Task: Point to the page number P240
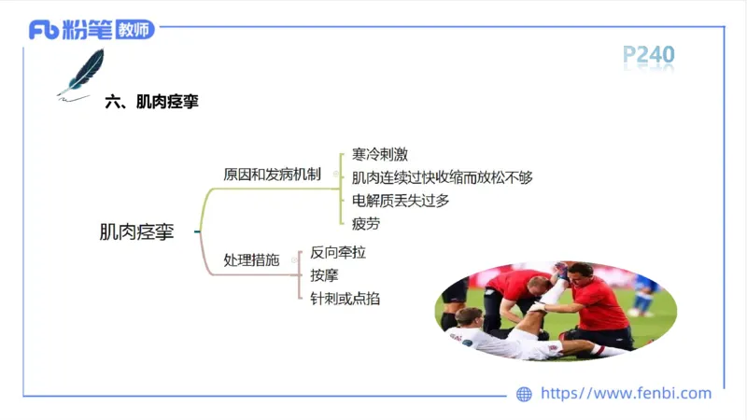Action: tap(648, 55)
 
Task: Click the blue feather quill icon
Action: tap(84, 71)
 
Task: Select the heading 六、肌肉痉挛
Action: tap(152, 103)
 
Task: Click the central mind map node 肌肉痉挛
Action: tap(136, 231)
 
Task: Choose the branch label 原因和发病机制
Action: tap(272, 175)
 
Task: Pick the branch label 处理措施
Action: tap(251, 260)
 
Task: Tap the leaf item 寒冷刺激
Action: tap(379, 154)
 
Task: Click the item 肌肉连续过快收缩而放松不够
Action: tap(442, 177)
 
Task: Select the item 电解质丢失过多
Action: tap(401, 200)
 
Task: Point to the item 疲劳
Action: tap(366, 223)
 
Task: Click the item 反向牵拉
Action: tap(337, 252)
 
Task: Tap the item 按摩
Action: tap(324, 275)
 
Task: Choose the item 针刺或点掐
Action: tap(345, 299)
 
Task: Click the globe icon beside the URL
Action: tap(524, 394)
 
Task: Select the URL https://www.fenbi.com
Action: tap(626, 394)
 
